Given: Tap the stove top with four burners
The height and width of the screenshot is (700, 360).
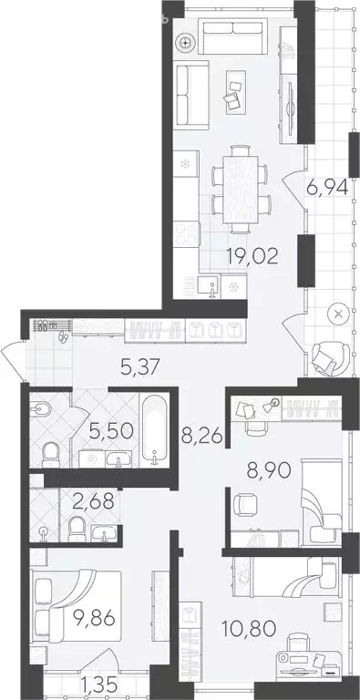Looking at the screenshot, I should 189,234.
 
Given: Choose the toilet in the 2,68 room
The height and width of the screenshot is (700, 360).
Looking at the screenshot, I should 78,527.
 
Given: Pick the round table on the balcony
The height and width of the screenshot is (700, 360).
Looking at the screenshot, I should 339,315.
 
